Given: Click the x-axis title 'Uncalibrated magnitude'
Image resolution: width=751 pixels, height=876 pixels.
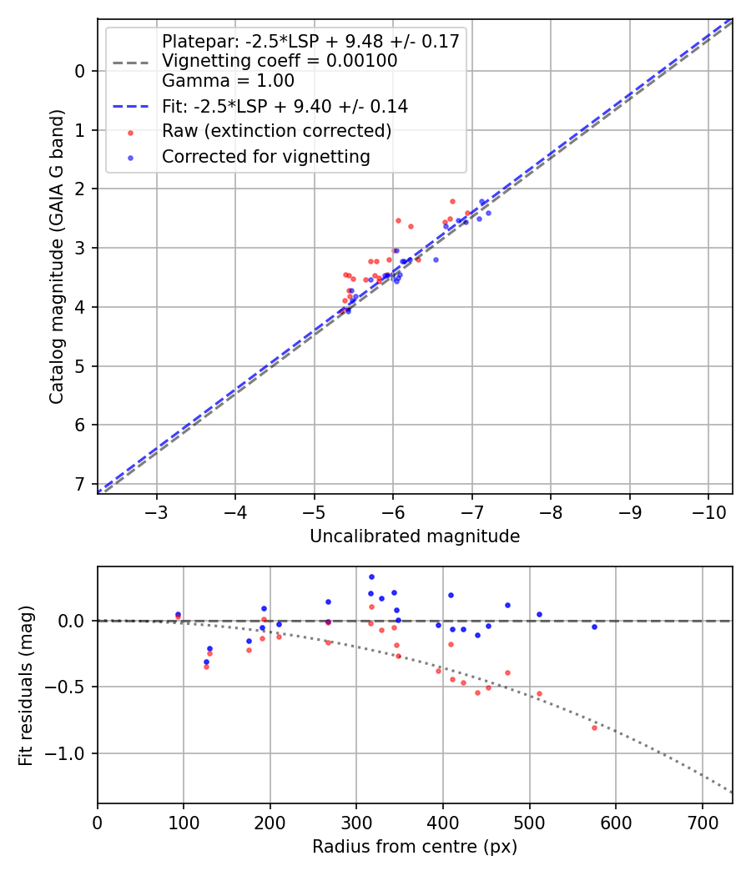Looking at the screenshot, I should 415,536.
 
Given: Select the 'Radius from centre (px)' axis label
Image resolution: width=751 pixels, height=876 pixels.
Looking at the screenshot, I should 415,847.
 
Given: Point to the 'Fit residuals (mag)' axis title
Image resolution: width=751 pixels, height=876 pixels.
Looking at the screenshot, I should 27,685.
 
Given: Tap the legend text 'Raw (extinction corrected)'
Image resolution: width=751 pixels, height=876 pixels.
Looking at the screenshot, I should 276,131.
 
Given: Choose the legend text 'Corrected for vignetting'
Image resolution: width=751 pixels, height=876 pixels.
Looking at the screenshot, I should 265,156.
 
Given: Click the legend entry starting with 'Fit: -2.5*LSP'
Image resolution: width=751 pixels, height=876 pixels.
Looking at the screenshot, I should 285,107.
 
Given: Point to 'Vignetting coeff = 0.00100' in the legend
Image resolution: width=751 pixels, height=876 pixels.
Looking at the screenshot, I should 280,61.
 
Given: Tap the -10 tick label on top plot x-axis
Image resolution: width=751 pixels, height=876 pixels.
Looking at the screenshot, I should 708,511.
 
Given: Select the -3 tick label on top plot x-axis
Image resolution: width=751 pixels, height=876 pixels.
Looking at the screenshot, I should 157,511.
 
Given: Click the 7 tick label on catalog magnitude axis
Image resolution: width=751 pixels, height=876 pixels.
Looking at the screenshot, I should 80,484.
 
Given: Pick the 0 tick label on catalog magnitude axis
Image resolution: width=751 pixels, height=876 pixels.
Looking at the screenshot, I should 80,71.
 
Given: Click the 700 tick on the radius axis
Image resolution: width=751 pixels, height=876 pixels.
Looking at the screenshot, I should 702,821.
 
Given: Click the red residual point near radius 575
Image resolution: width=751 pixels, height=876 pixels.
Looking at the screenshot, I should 594,727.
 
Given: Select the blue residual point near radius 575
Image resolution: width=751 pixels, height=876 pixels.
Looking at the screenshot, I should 594,627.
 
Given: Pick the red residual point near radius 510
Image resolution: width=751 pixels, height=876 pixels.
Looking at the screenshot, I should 539,693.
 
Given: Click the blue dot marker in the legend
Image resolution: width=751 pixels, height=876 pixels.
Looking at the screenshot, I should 129,156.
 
